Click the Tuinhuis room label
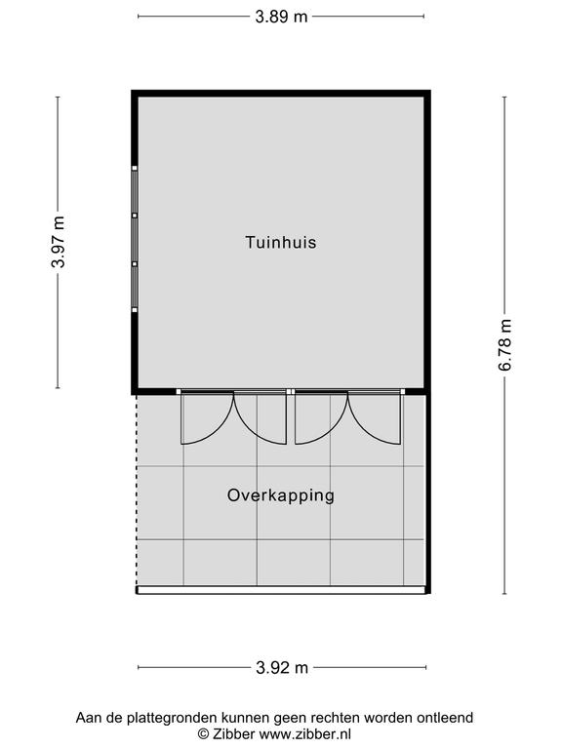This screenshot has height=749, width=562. (x=281, y=242)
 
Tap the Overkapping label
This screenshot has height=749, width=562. (x=281, y=495)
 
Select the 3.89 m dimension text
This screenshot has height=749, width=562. (x=281, y=17)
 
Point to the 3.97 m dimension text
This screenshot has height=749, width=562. (x=59, y=242)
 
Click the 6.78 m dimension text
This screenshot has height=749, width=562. (x=505, y=345)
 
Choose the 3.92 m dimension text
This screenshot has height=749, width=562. (x=282, y=667)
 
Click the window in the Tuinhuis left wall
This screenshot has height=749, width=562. (x=135, y=239)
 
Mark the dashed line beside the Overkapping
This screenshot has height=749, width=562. (x=138, y=491)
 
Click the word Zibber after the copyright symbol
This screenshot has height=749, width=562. (x=234, y=733)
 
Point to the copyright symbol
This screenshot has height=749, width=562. (x=204, y=734)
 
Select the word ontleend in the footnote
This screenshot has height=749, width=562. (x=445, y=718)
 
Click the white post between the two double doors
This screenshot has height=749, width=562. (x=291, y=392)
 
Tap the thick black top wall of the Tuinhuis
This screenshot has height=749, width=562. (x=281, y=94)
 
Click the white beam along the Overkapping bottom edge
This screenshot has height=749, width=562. (x=281, y=590)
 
